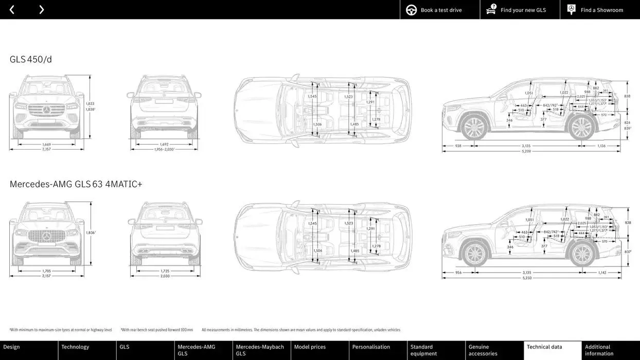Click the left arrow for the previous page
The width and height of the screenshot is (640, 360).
12,10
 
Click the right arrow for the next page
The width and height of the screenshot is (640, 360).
41,10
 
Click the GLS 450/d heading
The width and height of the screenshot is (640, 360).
31,59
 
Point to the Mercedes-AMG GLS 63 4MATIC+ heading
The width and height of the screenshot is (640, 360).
76,184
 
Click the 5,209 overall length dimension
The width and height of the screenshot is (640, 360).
526,151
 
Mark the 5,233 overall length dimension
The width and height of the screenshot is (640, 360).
526,278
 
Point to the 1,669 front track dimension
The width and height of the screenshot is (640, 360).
46,145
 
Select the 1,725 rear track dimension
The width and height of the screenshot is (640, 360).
165,271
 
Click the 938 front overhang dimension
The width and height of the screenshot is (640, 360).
458,146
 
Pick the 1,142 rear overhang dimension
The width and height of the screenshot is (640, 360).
602,273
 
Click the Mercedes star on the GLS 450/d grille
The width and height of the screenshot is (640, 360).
46,110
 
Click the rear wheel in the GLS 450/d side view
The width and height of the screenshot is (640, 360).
581,127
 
